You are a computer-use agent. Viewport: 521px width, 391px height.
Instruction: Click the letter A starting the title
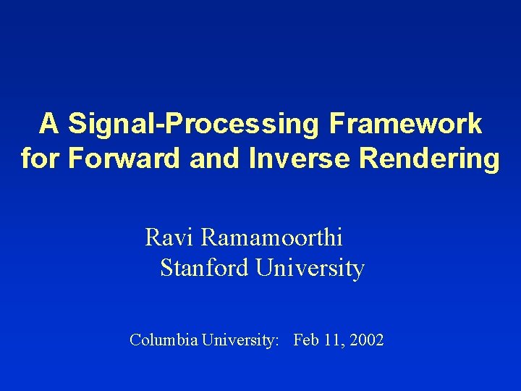tap(48, 124)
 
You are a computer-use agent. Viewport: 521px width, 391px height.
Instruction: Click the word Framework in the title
tap(404, 124)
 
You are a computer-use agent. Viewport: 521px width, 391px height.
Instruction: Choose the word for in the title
tap(41, 159)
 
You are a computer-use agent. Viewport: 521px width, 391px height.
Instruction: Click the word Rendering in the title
tap(428, 159)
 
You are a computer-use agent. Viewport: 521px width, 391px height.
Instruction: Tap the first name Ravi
tap(170, 237)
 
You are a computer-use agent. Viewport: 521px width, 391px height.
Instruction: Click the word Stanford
tap(205, 269)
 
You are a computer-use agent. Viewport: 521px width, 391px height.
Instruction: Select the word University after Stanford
tap(310, 269)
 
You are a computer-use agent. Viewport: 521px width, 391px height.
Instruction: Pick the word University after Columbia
tap(237, 340)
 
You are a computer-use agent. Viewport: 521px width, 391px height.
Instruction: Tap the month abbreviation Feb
tap(306, 340)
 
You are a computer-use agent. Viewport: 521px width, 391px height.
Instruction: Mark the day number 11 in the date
tap(331, 340)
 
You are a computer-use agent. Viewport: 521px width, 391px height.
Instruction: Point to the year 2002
tap(366, 340)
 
